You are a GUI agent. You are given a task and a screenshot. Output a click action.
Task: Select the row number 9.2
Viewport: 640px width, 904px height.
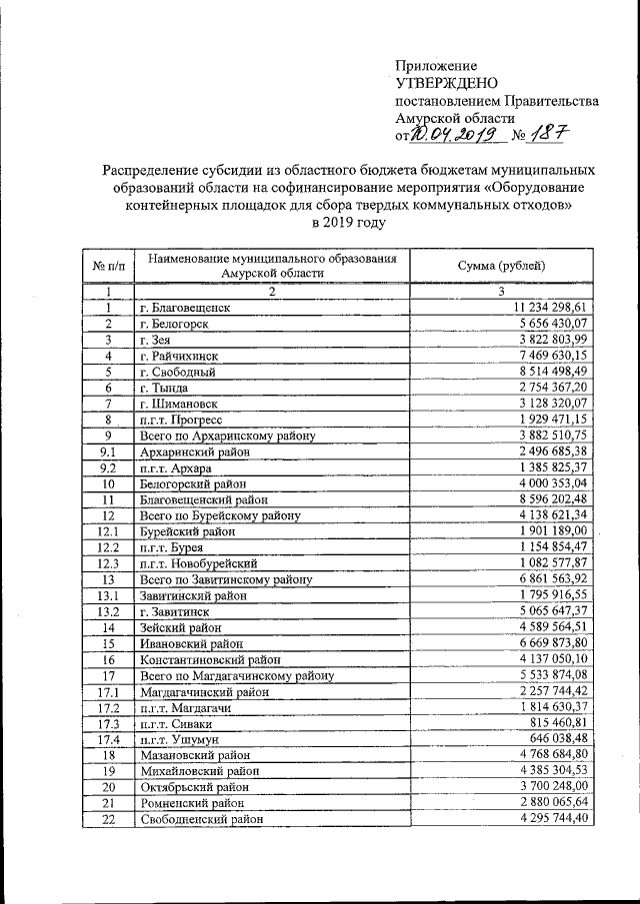(107, 467)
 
